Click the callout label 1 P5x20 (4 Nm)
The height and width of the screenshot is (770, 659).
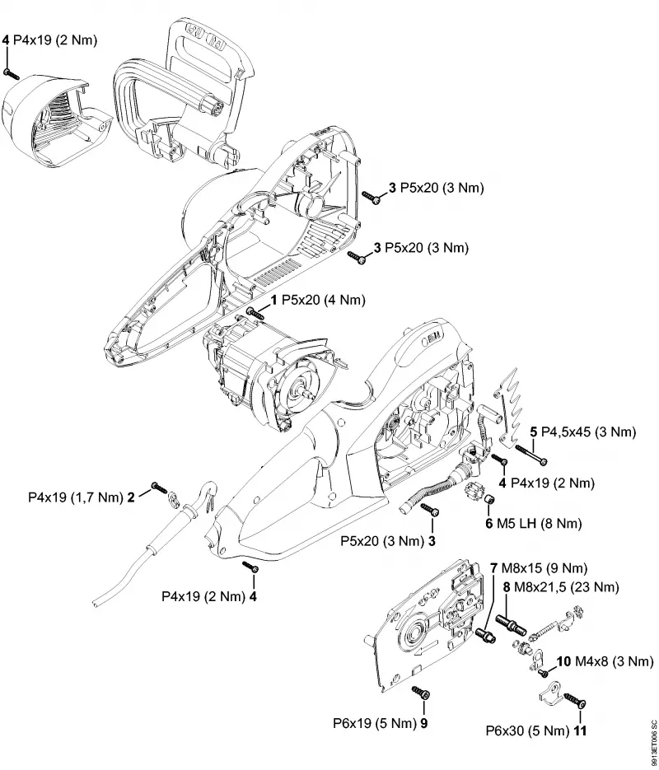[x=319, y=300]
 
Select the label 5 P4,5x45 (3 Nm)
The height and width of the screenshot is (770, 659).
[x=583, y=432]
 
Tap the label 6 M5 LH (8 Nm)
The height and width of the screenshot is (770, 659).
[x=533, y=523]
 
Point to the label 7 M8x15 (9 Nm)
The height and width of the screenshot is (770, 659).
[x=539, y=568]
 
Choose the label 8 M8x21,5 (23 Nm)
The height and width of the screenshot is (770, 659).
[x=560, y=587]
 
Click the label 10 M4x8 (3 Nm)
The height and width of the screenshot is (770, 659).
[x=605, y=661]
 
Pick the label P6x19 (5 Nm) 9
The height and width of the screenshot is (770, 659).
[x=380, y=723]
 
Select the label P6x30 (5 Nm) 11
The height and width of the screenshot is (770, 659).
[x=535, y=730]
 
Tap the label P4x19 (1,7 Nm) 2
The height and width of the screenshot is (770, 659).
[x=81, y=497]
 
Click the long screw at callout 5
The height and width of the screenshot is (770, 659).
[x=530, y=455]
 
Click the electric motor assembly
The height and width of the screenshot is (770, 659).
[x=268, y=371]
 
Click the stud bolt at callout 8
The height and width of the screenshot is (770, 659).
[x=512, y=623]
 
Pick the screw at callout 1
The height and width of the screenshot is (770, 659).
[x=255, y=313]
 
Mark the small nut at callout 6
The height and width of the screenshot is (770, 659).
[x=489, y=500]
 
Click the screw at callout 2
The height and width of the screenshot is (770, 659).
[x=160, y=488]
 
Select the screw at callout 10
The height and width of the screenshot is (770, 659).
[x=543, y=672]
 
